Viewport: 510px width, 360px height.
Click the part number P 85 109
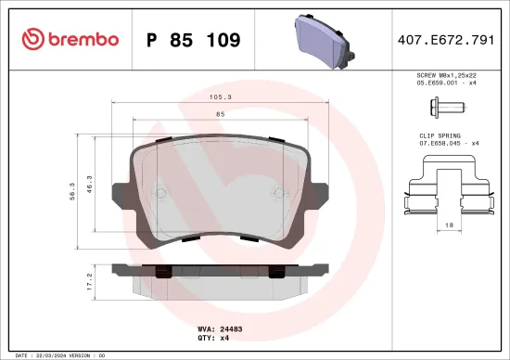194,40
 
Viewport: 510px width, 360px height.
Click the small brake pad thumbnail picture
324,39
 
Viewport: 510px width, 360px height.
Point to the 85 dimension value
220,113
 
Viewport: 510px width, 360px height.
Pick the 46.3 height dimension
90,186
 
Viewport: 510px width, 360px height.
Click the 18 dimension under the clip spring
449,225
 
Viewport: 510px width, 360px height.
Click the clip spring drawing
449,185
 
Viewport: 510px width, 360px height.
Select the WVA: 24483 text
219,329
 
